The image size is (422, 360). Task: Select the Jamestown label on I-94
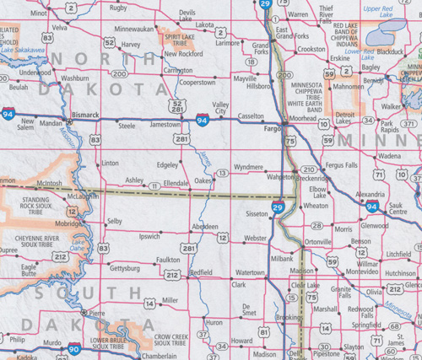click(x=165, y=124)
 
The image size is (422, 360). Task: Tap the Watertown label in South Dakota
click(x=250, y=273)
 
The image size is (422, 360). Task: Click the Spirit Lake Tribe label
click(x=181, y=38)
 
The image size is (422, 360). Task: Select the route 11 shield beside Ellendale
click(x=154, y=185)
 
